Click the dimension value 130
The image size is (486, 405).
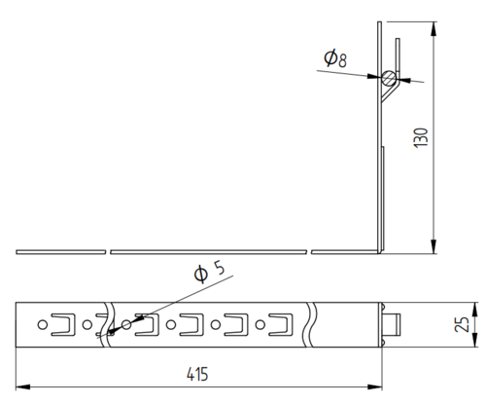tap(421, 138)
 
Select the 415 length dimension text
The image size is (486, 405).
tap(197, 374)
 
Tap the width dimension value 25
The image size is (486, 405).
tap(462, 324)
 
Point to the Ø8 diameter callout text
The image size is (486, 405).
tap(335, 58)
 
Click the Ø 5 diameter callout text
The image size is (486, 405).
tap(209, 273)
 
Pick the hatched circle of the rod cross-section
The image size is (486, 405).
tap(389, 78)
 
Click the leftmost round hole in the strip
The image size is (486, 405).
tap(43, 324)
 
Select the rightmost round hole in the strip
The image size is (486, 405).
tap(260, 324)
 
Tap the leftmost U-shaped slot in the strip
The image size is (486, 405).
tap(63, 324)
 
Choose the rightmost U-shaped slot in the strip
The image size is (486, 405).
tap(281, 324)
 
